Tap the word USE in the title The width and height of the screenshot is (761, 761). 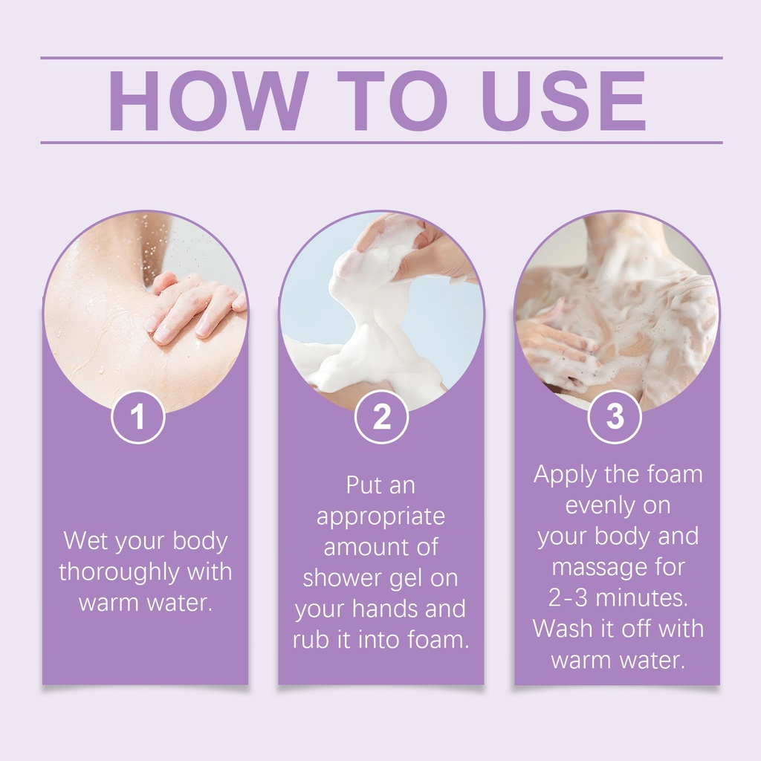tap(564, 100)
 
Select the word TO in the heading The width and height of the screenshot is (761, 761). tap(392, 100)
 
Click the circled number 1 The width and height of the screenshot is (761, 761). tap(138, 416)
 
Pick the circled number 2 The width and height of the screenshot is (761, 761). tap(381, 416)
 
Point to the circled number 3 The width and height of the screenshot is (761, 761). tap(615, 416)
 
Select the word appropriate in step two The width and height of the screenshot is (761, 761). tap(380, 517)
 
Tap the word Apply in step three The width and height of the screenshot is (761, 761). tap(565, 475)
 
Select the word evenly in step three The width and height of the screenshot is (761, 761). tap(597, 506)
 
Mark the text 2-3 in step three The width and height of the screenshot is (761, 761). tap(568, 598)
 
